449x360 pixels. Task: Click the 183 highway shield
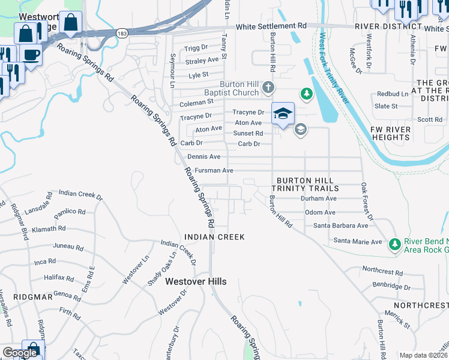pos(122,34)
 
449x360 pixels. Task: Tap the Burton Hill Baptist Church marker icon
pos(268,88)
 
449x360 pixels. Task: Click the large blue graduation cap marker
pos(283,113)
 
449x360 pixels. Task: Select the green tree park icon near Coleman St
pos(307,94)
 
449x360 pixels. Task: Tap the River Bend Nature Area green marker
pos(394,244)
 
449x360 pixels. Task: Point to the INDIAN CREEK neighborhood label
pos(214,237)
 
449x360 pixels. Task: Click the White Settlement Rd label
pos(271,26)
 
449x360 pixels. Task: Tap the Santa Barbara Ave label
pos(341,226)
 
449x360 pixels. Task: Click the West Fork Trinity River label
pos(334,69)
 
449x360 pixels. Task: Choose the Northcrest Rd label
pos(382,272)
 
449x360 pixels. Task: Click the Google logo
pos(20,353)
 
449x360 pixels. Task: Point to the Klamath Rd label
pos(49,229)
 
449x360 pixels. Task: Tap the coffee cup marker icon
pos(31,53)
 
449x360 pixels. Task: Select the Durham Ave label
pos(319,198)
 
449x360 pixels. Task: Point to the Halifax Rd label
pos(58,278)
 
